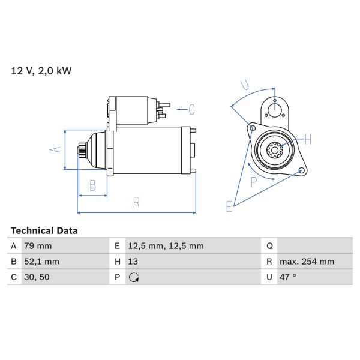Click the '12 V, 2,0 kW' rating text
tap(41, 71)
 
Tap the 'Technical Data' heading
tap(44, 230)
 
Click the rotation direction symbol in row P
tap(134, 277)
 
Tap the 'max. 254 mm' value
tap(308, 262)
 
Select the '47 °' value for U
tap(289, 277)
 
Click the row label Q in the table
tap(269, 246)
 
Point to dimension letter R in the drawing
tap(137, 203)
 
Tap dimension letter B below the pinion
tap(92, 186)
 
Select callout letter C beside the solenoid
tap(191, 109)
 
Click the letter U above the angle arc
tap(244, 85)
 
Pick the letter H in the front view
tap(308, 140)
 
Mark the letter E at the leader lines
tap(229, 207)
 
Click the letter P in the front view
tap(253, 182)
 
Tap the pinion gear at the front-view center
tap(277, 149)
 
